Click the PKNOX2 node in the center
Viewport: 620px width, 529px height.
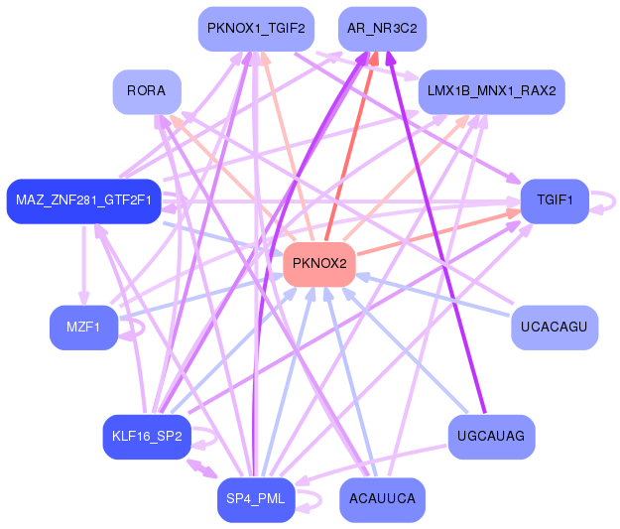[319, 264]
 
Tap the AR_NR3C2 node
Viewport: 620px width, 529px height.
[383, 29]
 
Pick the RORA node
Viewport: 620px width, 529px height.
[147, 91]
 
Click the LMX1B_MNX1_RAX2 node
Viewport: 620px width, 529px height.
[491, 91]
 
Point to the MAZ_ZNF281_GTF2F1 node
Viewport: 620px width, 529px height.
[83, 200]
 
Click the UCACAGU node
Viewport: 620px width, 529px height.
[555, 328]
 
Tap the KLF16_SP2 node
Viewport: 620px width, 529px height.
[147, 437]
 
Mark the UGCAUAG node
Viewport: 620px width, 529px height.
[491, 437]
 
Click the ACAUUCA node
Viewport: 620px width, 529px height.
[383, 499]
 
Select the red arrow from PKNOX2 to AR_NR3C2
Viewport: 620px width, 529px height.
[350, 149]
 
